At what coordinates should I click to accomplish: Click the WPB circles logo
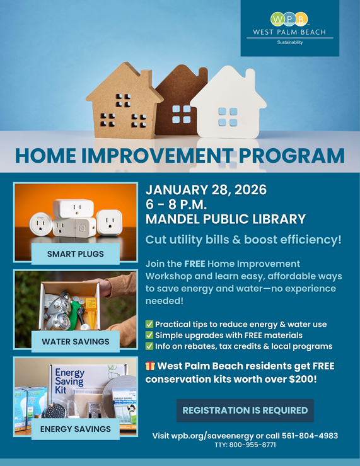(289, 19)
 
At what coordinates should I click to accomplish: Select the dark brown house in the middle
(181, 104)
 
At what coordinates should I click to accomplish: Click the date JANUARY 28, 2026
(206, 190)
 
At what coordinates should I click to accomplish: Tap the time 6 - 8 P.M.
(177, 204)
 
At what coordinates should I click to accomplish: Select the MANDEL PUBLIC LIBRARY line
(226, 219)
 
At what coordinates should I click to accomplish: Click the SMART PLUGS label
(75, 255)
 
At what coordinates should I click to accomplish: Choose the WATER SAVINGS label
(75, 342)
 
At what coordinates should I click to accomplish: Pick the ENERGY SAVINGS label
(75, 429)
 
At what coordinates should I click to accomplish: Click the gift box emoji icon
(150, 366)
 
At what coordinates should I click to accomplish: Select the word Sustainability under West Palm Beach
(289, 43)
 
